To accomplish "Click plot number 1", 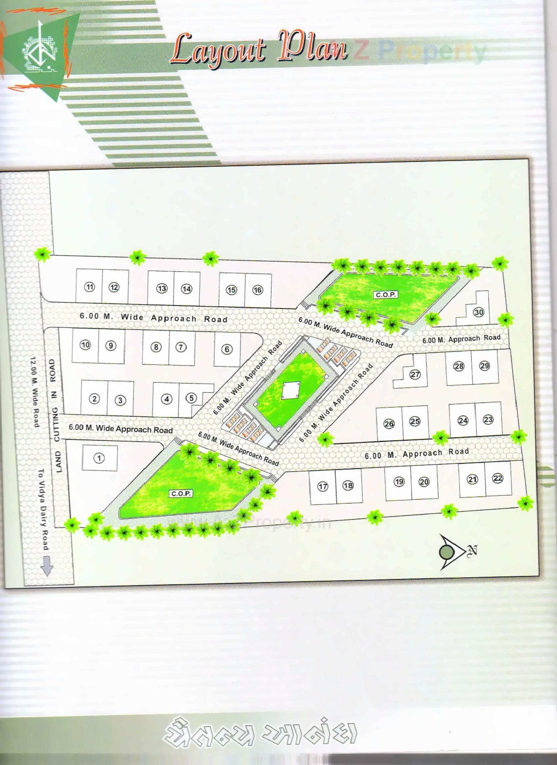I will [99, 458].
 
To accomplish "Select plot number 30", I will [479, 312].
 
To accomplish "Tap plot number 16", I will [258, 290].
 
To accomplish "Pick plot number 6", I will [227, 349].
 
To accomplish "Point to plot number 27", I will [415, 374].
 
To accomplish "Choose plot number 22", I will [498, 478].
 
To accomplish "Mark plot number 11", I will [90, 287].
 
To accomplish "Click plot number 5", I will [191, 398].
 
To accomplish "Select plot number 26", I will [389, 424].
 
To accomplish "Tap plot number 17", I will [323, 487].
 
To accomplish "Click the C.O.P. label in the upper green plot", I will [386, 295].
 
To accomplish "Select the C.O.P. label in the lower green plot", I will [181, 493].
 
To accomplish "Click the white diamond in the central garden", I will [291, 391].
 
